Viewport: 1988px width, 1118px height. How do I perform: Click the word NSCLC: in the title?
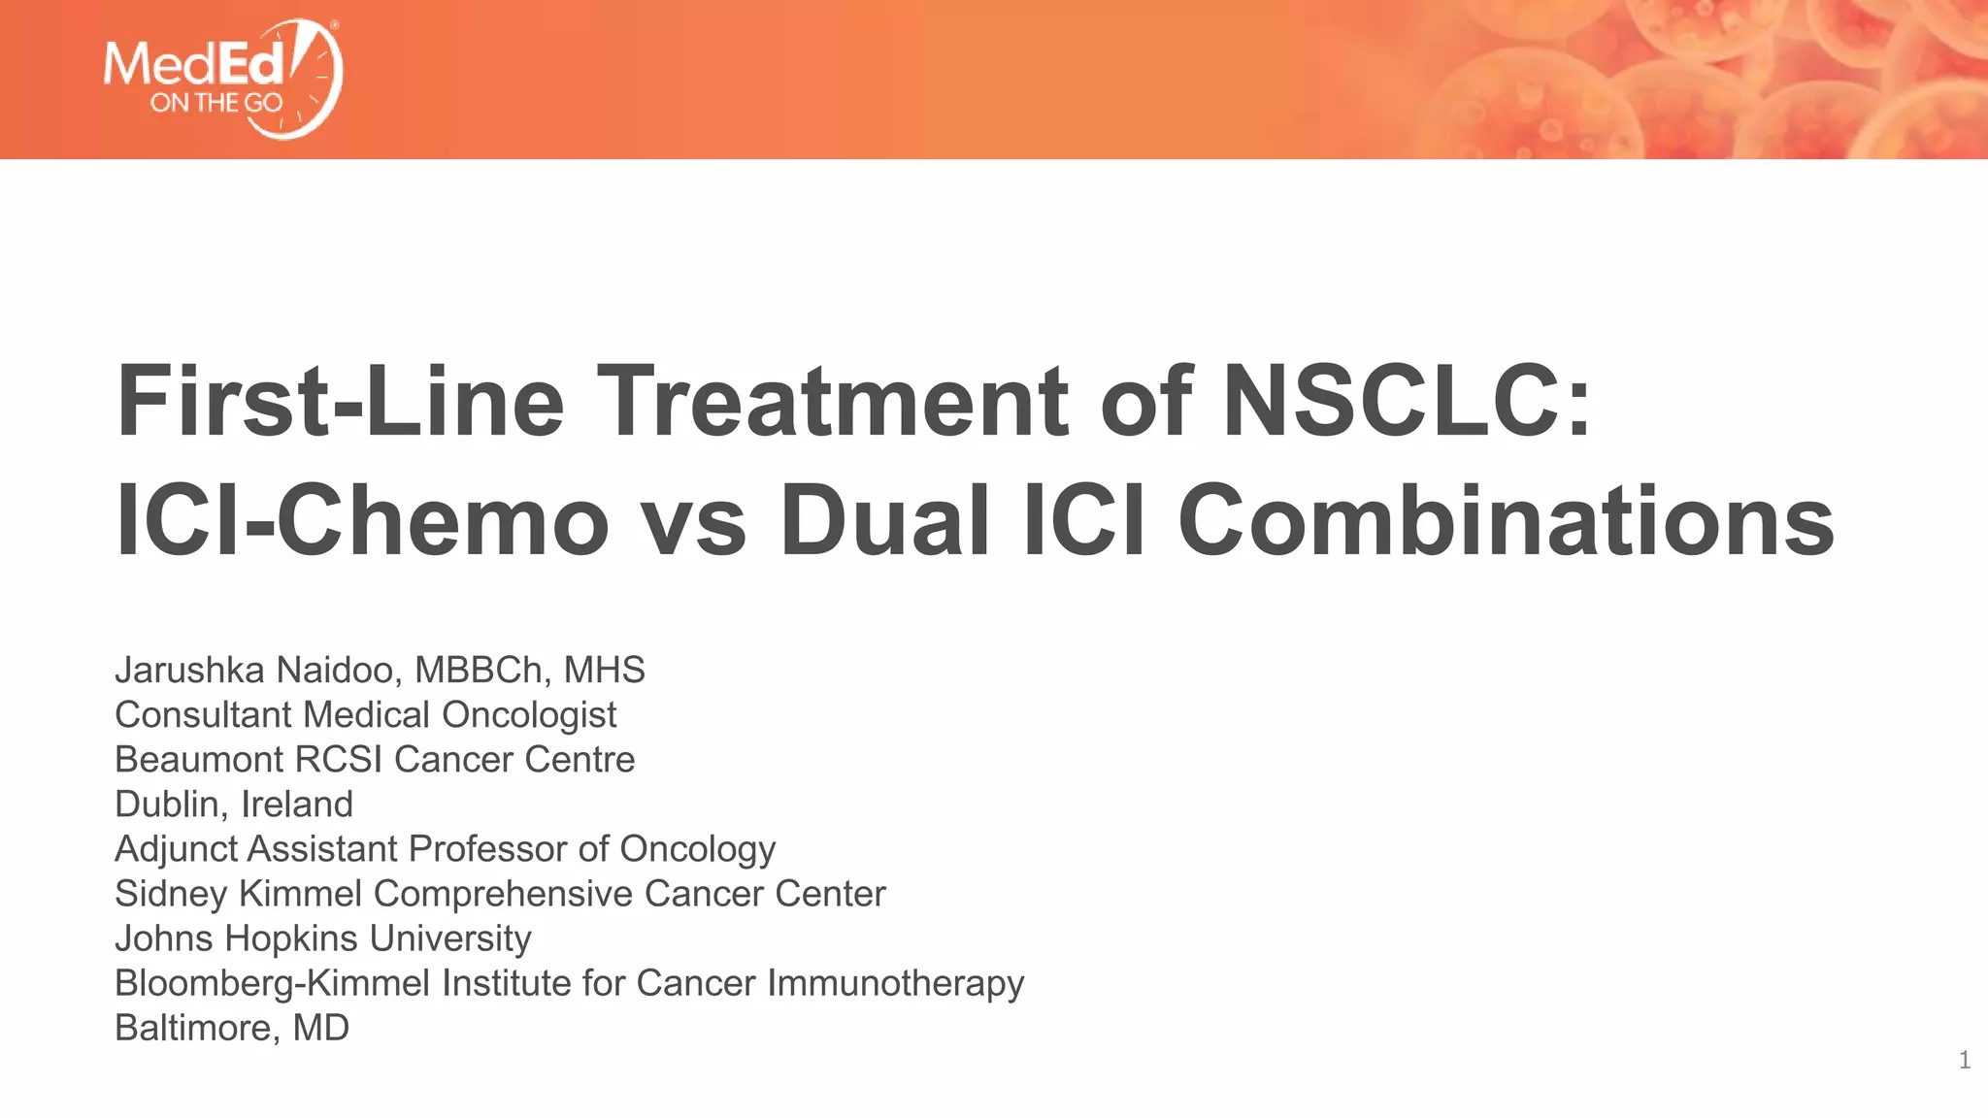click(x=1407, y=401)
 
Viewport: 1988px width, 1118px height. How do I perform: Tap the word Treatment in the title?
click(x=837, y=401)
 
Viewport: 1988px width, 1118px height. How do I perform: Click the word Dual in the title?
click(x=884, y=521)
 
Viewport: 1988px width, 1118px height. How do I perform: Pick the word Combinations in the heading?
click(x=1506, y=521)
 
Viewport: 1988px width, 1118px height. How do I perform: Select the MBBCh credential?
click(x=479, y=670)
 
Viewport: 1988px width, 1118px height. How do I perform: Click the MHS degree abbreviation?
click(x=604, y=670)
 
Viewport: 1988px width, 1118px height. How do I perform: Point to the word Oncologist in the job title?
click(x=529, y=715)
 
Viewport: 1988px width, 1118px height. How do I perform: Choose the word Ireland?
click(x=296, y=805)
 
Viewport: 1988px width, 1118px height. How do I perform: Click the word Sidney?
click(x=171, y=894)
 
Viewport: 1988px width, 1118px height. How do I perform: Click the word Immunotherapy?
click(x=895, y=984)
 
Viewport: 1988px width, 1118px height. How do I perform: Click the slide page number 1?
click(x=1964, y=1061)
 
